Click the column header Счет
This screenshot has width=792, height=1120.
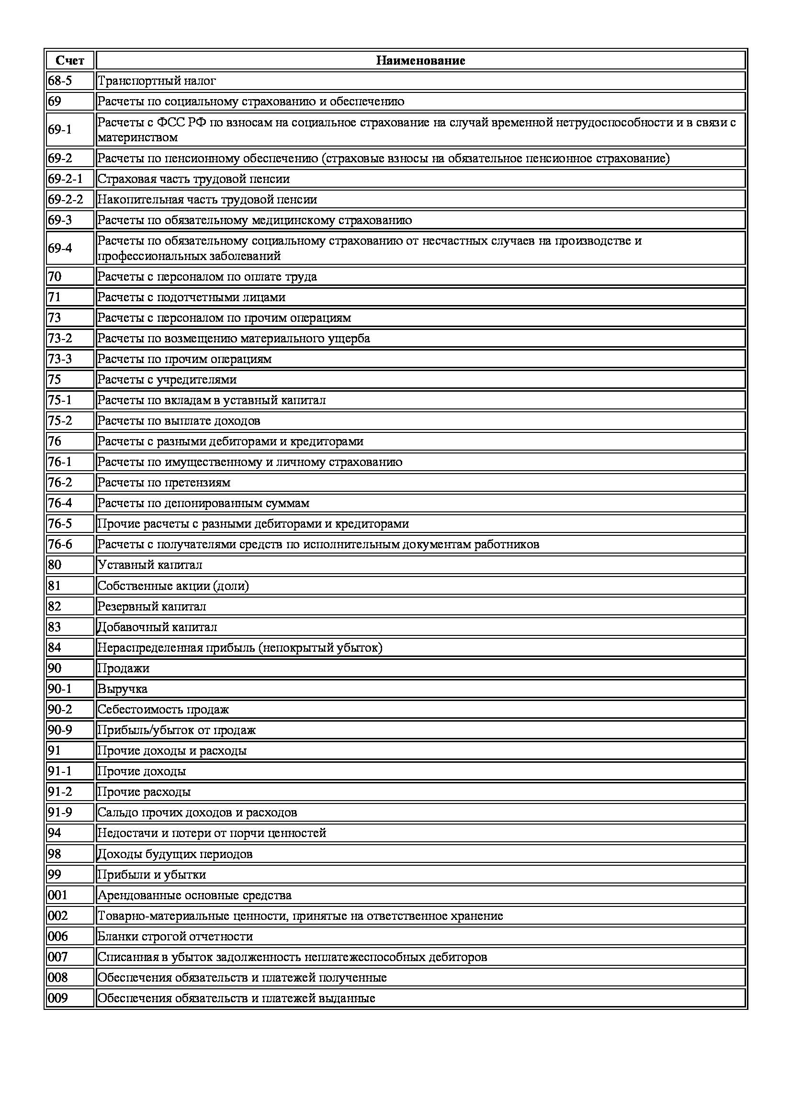coord(70,60)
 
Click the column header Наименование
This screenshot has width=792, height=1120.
coord(420,60)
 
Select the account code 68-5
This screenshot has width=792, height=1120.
coord(60,80)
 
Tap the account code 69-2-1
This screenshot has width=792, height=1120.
coord(65,179)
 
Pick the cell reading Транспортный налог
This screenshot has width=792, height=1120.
coord(157,80)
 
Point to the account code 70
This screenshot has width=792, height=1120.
coord(55,277)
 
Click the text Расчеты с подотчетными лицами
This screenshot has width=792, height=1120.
coord(191,297)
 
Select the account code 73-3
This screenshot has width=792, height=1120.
coord(60,359)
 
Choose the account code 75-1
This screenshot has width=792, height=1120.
coord(60,400)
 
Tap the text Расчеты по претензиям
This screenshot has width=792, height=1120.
coord(164,483)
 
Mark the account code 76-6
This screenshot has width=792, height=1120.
coord(60,544)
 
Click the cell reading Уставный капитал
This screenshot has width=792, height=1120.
coord(150,565)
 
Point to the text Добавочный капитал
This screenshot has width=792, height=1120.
coord(157,627)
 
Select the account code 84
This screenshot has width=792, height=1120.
coord(55,647)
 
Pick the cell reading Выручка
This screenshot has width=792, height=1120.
coord(123,689)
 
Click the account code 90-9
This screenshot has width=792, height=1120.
coord(60,730)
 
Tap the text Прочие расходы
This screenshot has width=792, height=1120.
coord(144,792)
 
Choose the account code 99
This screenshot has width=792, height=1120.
coord(55,874)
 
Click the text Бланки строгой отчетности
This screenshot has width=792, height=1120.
coord(175,936)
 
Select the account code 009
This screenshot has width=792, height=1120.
coord(57,998)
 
